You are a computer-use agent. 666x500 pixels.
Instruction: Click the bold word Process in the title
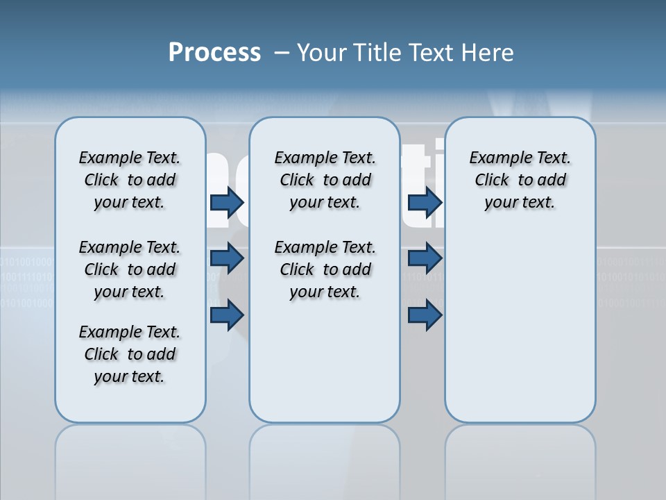coord(214,53)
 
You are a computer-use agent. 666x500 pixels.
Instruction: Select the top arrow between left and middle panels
coord(227,203)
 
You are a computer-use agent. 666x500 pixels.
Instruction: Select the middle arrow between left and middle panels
coord(227,259)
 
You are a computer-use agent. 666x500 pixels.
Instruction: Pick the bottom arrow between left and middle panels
coord(227,315)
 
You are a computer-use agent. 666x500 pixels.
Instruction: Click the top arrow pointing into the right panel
coord(425,203)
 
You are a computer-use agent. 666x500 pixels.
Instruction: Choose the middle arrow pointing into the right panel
coord(425,259)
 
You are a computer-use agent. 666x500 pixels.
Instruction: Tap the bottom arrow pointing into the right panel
coord(425,315)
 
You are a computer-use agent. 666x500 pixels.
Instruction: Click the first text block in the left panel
coord(130,180)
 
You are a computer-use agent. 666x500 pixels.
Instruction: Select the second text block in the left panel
coord(130,269)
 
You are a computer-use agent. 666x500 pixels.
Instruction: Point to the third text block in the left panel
coord(130,354)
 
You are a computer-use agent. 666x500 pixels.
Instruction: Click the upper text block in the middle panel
coord(325,180)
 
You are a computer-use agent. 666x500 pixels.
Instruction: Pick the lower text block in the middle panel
coord(325,269)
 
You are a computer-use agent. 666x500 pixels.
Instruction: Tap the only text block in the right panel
coord(520,180)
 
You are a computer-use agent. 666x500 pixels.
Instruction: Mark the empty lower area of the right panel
coord(520,326)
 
